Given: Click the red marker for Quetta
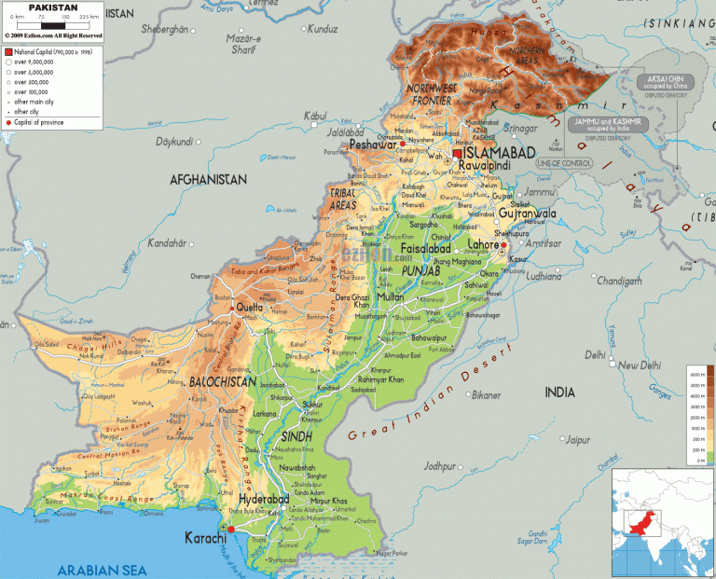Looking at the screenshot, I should click(233, 308).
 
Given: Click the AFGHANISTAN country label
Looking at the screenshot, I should click(208, 179).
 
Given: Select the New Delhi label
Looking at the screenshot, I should click(641, 365).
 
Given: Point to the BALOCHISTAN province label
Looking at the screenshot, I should click(221, 382).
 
